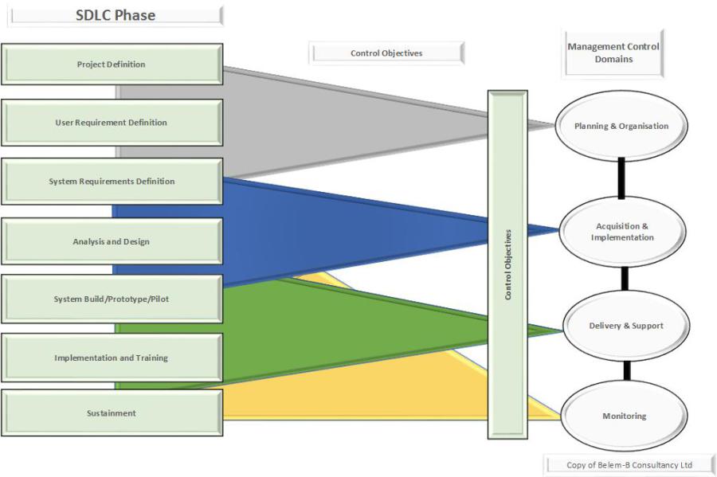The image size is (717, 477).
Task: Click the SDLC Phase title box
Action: click(115, 16)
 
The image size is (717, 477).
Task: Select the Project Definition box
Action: click(112, 65)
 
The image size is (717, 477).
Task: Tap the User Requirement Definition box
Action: click(112, 123)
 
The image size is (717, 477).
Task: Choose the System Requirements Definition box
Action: click(112, 182)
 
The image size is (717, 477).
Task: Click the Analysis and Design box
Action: click(112, 241)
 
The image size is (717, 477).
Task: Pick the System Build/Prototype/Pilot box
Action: click(112, 299)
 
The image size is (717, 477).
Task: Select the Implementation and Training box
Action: click(112, 358)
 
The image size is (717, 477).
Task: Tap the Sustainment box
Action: click(112, 413)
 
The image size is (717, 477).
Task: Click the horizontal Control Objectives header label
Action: click(386, 53)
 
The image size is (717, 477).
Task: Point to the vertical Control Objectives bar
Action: click(507, 264)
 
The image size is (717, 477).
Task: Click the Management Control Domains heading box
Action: click(613, 53)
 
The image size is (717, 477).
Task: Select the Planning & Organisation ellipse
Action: click(621, 126)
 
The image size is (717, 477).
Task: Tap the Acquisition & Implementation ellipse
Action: click(623, 232)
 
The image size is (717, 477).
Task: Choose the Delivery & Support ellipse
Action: click(626, 326)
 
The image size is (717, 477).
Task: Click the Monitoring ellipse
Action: click(625, 416)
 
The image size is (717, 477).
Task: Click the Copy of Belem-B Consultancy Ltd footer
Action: click(629, 465)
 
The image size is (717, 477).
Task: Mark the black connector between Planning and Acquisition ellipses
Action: click(621, 178)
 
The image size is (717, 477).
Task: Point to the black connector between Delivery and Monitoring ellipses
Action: click(627, 370)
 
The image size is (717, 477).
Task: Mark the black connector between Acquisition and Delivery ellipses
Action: click(625, 278)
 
